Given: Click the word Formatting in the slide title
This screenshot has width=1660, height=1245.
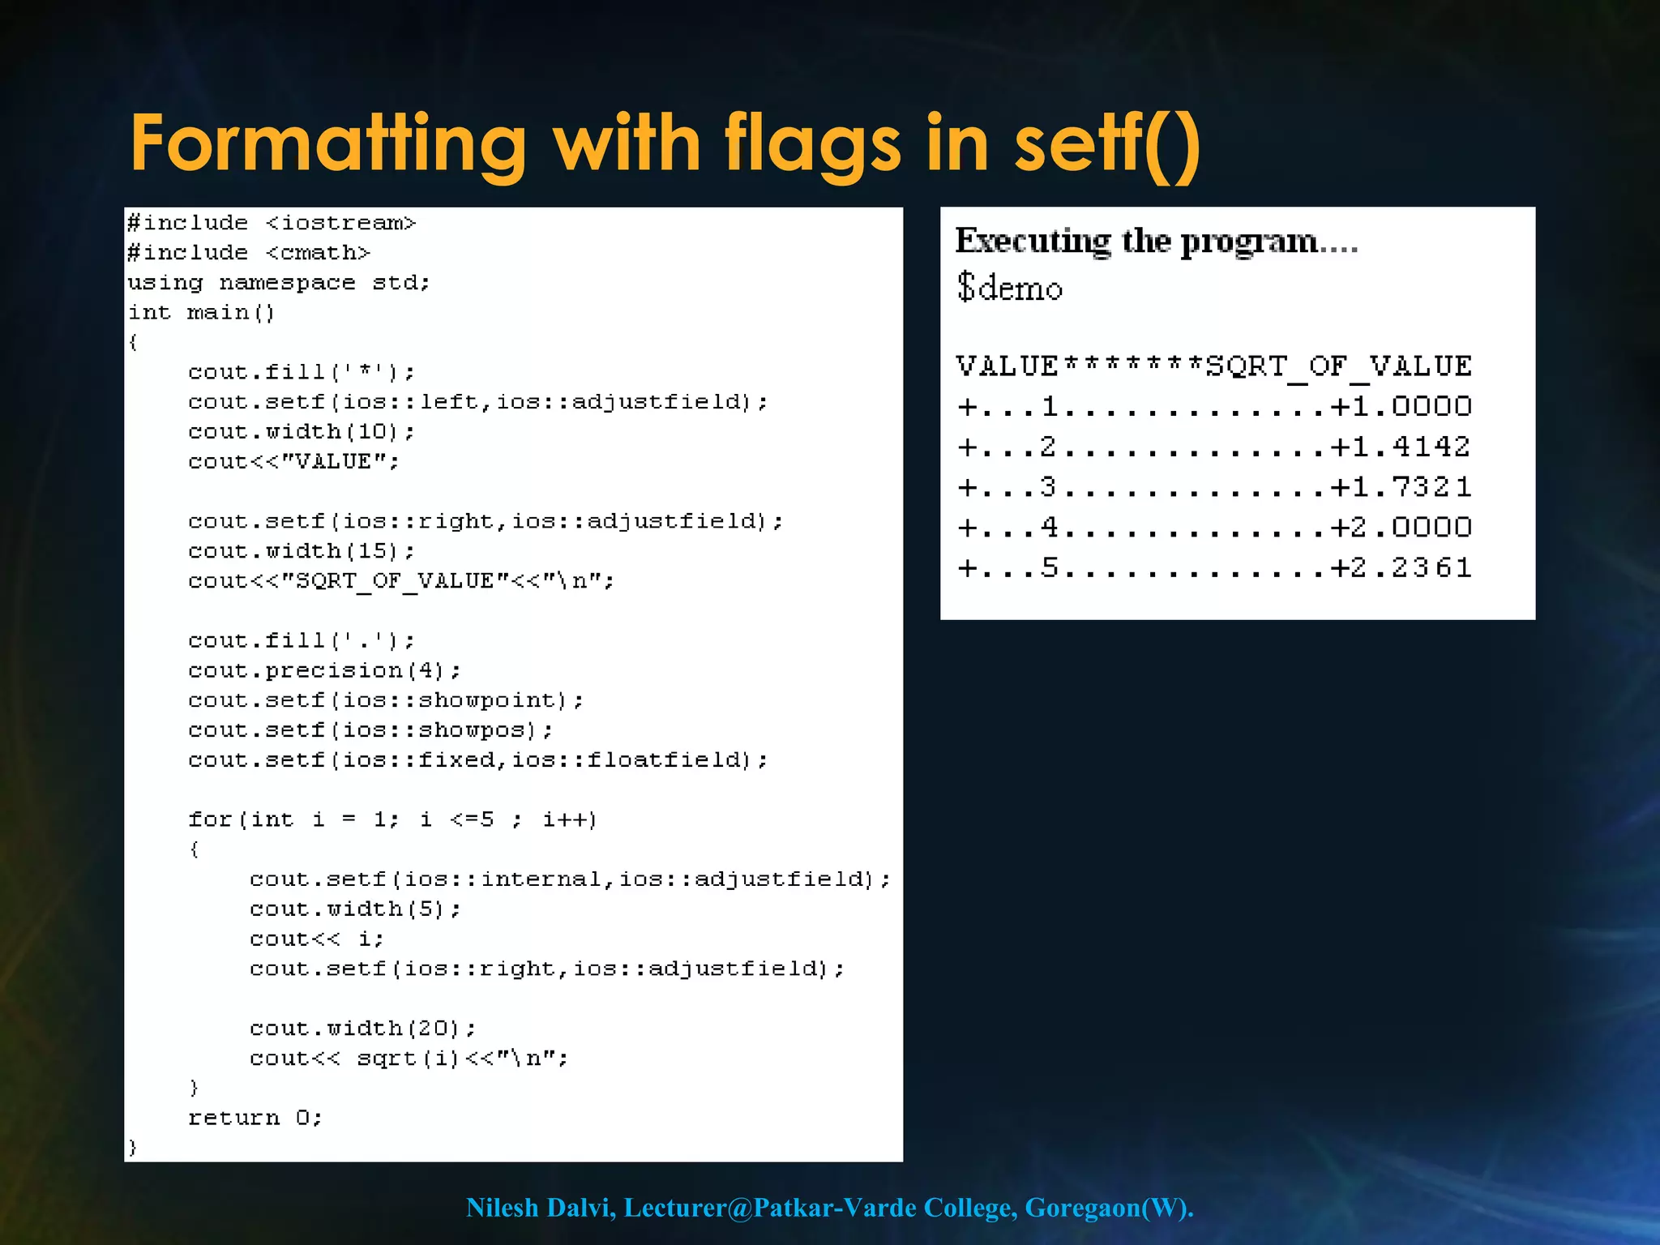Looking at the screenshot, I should (328, 144).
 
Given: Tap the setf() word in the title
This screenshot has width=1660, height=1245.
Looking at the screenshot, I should (1107, 144).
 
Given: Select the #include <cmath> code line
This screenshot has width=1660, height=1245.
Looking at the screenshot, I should (248, 253).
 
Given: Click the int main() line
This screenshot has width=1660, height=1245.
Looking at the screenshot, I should (201, 313).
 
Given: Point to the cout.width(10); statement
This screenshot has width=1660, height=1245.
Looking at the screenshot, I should (301, 432).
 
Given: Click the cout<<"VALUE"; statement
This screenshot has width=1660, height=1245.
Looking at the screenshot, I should (293, 462).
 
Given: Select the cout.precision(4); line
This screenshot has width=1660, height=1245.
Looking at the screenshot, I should (324, 671).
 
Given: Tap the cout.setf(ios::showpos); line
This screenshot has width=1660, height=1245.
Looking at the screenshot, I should (370, 730).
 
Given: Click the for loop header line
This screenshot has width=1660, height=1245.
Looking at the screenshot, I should (392, 819).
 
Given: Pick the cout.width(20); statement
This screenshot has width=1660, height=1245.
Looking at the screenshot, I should (362, 1029).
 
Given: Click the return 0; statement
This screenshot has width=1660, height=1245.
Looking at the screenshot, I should (255, 1119).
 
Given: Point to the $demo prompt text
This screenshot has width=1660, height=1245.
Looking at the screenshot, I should (1009, 288).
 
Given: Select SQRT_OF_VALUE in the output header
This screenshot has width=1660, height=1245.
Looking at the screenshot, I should (1338, 366).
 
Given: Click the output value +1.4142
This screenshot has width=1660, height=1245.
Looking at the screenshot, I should (1401, 447).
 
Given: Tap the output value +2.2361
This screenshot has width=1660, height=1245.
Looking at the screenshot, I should (1401, 567).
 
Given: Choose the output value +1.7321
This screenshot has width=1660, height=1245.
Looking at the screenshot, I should (1401, 487).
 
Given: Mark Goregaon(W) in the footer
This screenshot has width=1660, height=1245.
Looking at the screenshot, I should (1107, 1208).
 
